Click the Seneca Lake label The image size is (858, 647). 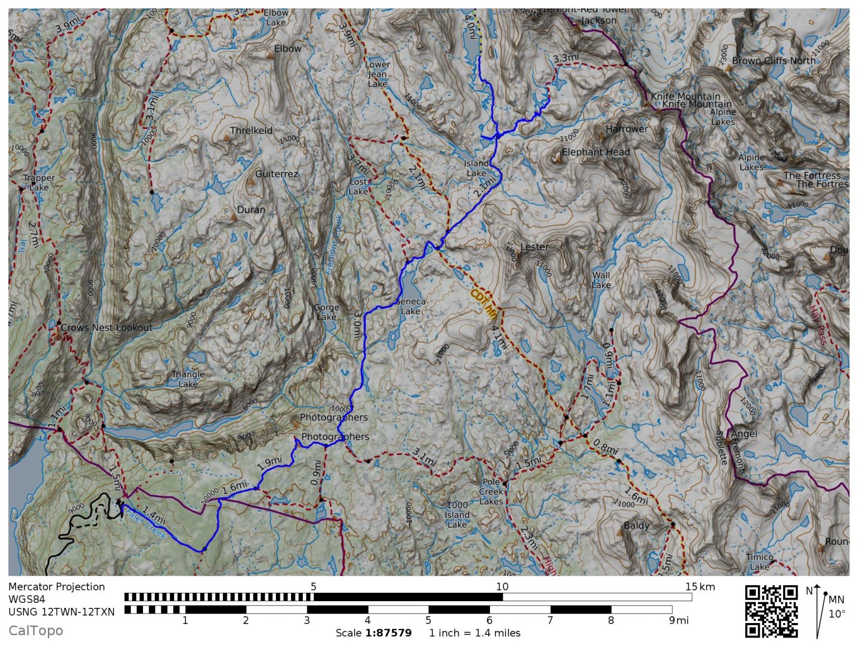tap(411, 306)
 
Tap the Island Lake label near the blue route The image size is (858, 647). tap(476, 168)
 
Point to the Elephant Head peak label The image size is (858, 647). tap(595, 152)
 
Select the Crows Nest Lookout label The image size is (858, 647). tap(106, 328)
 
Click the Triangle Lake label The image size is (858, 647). tap(188, 379)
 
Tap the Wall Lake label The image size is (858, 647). tap(601, 280)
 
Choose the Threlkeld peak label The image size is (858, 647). tap(251, 131)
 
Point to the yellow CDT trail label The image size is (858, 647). tap(484, 304)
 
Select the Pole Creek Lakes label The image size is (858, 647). tap(492, 491)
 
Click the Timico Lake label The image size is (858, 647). tap(760, 562)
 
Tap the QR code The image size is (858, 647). tap(771, 611)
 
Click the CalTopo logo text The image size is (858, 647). tap(36, 631)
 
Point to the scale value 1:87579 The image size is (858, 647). tap(389, 633)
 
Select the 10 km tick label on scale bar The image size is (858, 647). tap(502, 586)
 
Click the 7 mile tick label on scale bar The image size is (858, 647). tap(550, 620)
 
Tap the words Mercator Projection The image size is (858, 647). tap(56, 587)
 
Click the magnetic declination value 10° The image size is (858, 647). tap(837, 614)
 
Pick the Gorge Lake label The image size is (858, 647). tap(327, 312)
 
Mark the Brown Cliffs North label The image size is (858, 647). tap(774, 60)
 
